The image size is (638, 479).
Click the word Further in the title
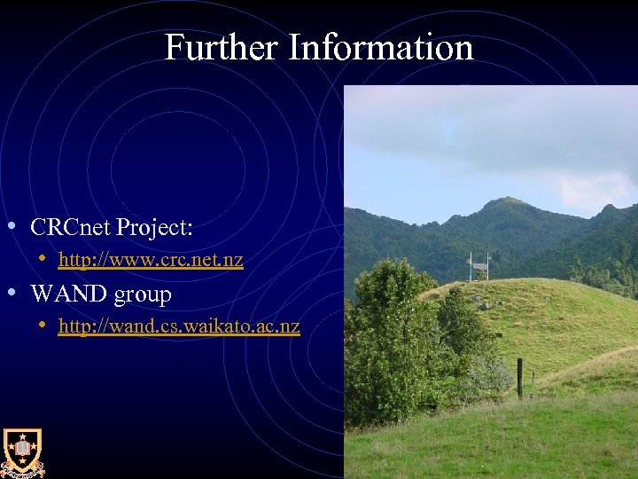(222, 47)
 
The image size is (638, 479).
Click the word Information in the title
(381, 47)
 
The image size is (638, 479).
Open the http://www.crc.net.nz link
(151, 260)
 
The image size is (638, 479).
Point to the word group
(143, 294)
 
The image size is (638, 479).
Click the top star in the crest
(22, 437)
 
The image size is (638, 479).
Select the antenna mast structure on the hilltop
(479, 266)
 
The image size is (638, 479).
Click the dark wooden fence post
(520, 379)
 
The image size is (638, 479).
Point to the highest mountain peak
(506, 201)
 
